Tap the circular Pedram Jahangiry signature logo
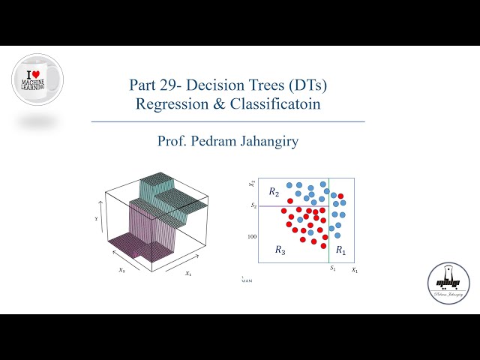(448, 284)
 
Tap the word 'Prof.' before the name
(172, 140)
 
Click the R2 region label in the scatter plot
(274, 192)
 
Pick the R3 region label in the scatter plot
(280, 249)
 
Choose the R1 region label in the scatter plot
(341, 249)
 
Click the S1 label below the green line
(332, 268)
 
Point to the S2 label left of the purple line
(253, 205)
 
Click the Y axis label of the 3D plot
(97, 219)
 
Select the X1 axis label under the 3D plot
(188, 274)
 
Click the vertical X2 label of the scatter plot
(253, 184)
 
